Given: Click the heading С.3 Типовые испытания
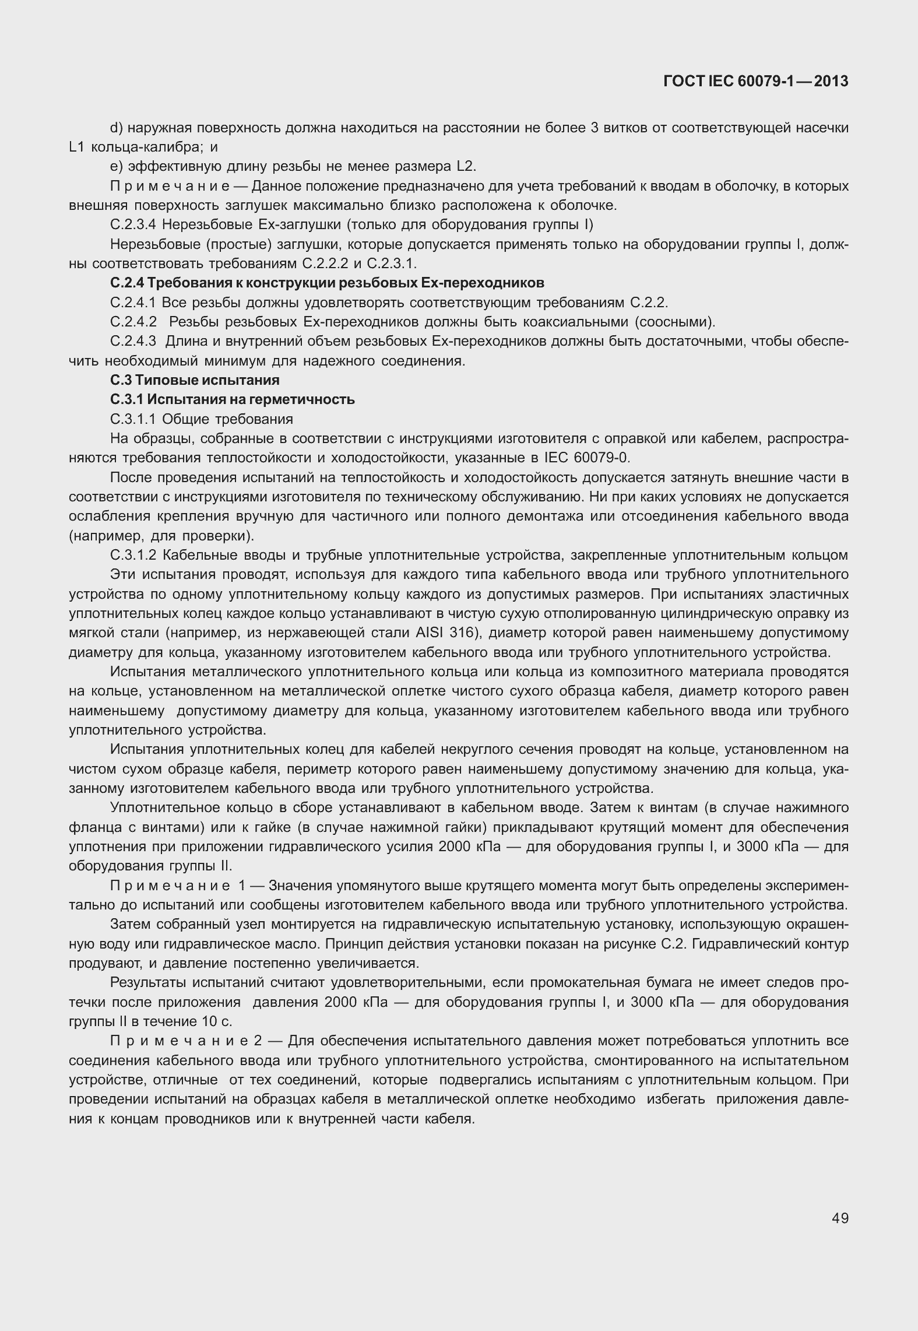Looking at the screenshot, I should pos(195,380).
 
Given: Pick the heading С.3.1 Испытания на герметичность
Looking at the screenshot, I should pos(233,399).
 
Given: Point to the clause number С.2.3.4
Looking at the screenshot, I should pos(133,224).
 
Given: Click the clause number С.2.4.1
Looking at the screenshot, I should pos(133,303).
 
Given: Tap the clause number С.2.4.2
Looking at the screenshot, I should pos(133,322).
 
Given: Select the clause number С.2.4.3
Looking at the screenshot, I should pos(133,341).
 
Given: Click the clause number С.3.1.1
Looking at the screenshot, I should pos(133,419).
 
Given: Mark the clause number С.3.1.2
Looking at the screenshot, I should pos(133,555).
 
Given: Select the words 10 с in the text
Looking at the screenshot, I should pos(219,1022).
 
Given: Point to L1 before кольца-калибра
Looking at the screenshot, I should pos(77,147).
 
